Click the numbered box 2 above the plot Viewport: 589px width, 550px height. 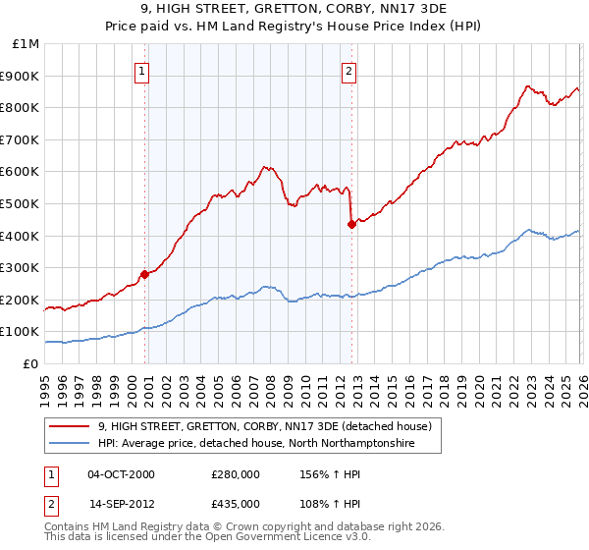(x=349, y=71)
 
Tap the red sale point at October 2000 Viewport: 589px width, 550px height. (x=144, y=274)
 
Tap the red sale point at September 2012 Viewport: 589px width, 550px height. (x=351, y=224)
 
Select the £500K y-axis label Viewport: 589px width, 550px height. (x=23, y=204)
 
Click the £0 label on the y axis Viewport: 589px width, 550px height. (x=29, y=364)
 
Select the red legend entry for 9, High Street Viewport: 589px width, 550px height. (x=271, y=426)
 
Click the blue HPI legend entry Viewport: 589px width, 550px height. (x=257, y=444)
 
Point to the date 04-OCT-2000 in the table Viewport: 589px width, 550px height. (x=121, y=474)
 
